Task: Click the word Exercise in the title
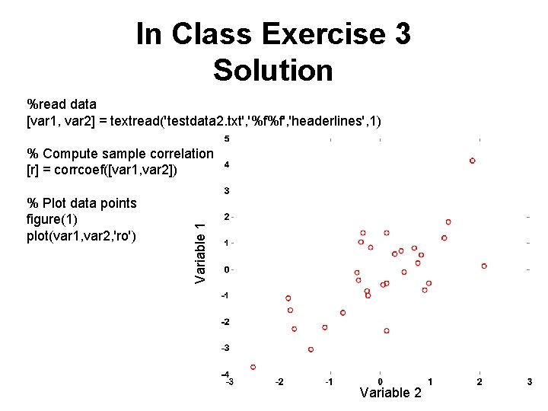(335, 34)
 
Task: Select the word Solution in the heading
(273, 70)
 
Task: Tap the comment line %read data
(62, 104)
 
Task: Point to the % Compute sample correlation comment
(120, 154)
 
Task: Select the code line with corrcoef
(102, 169)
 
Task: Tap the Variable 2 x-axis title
(390, 393)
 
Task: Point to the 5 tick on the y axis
(227, 139)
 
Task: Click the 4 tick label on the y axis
(227, 164)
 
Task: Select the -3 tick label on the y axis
(225, 348)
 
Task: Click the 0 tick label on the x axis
(380, 382)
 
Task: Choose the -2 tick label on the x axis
(279, 382)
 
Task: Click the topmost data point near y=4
(472, 161)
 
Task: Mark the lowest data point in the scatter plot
(253, 366)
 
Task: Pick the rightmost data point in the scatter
(484, 266)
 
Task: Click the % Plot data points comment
(81, 203)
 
